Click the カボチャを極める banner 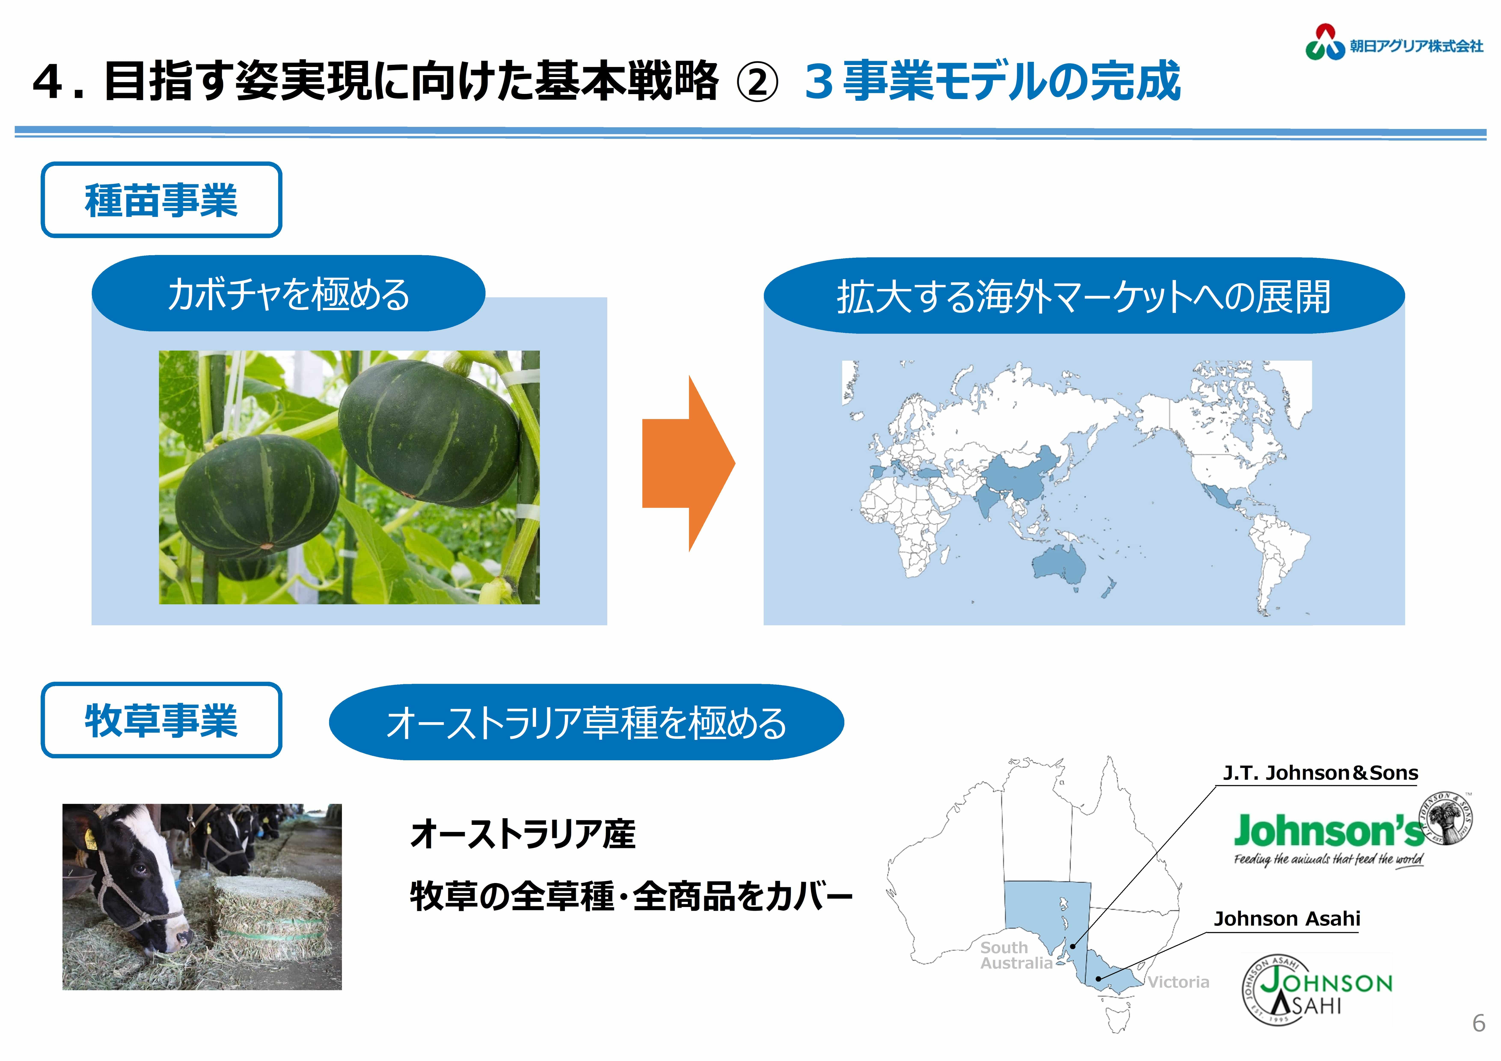[288, 293]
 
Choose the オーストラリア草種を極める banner [586, 722]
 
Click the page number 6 [1479, 1023]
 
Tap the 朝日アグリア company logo [1394, 43]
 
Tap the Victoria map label [1178, 982]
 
